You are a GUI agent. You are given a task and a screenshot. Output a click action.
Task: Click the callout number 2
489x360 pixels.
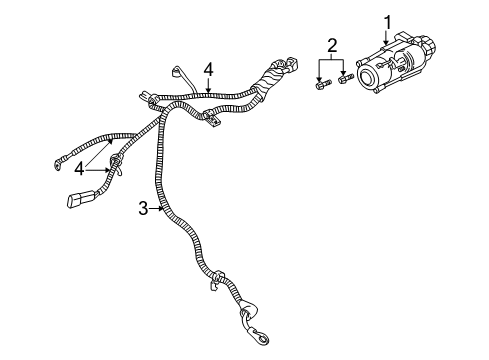point(332,46)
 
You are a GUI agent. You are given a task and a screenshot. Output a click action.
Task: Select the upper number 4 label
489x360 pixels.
point(208,68)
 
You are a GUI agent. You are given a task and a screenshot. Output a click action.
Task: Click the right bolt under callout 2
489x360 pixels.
point(345,78)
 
